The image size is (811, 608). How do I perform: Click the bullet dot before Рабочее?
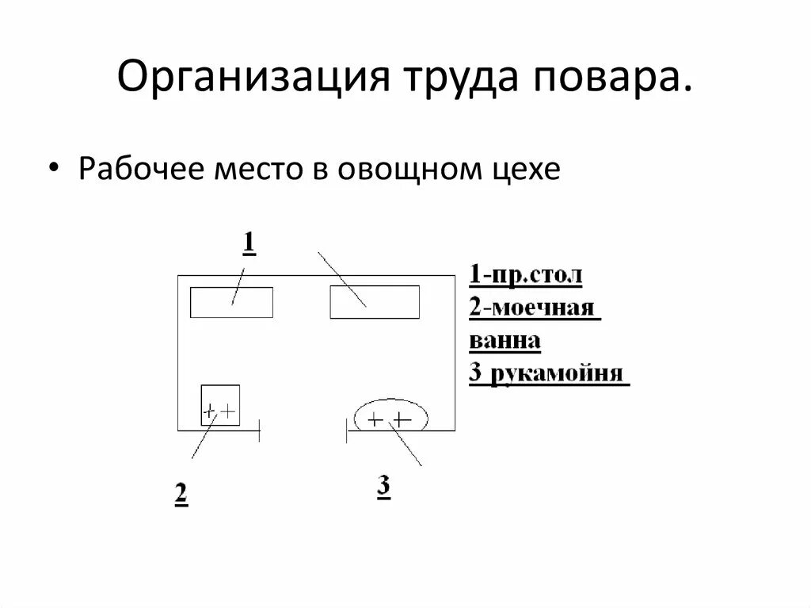coord(54,170)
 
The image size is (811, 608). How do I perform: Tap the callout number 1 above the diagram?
coord(248,242)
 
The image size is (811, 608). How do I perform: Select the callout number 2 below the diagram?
coord(181,493)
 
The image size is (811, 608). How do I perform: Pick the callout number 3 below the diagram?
coord(383,487)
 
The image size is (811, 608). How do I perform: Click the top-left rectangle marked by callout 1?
coord(231,302)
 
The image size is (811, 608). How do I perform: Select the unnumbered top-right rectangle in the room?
coord(375,302)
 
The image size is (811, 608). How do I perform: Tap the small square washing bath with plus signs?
coord(220,404)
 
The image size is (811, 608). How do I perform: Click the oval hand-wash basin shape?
coord(390,415)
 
